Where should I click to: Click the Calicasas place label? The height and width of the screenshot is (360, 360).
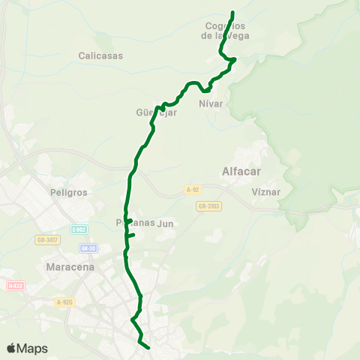pyautogui.click(x=100, y=55)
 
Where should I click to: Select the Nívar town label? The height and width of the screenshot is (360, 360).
pyautogui.click(x=211, y=103)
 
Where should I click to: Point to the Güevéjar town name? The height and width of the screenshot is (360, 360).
pyautogui.click(x=156, y=113)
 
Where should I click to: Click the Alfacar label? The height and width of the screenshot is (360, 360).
pyautogui.click(x=241, y=171)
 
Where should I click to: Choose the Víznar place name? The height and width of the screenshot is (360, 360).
pyautogui.click(x=265, y=191)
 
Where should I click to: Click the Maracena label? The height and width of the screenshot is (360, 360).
pyautogui.click(x=69, y=266)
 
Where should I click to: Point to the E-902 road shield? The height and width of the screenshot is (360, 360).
pyautogui.click(x=80, y=229)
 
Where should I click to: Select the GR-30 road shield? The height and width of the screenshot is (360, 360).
pyautogui.click(x=88, y=247)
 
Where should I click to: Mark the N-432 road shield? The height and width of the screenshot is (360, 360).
pyautogui.click(x=15, y=285)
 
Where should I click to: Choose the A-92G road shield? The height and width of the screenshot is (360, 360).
pyautogui.click(x=64, y=301)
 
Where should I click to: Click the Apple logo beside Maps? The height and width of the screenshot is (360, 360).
pyautogui.click(x=11, y=348)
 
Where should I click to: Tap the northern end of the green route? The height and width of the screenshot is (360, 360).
pyautogui.click(x=232, y=13)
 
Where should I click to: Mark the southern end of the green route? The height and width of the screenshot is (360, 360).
pyautogui.click(x=148, y=347)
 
